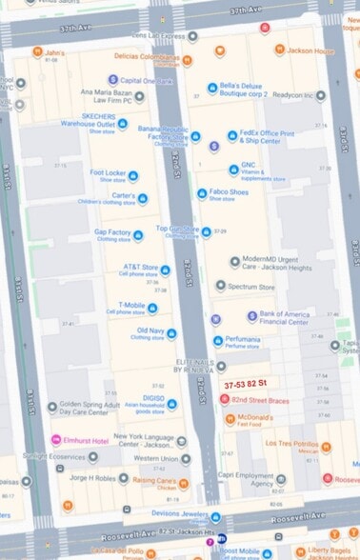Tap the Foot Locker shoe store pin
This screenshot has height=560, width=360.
(133, 175)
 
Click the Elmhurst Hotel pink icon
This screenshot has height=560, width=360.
(55, 441)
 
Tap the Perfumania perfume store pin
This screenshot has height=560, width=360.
(218, 341)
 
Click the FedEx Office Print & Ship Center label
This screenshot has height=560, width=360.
(270, 138)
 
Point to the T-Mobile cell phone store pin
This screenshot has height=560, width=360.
(152, 307)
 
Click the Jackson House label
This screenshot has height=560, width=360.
(310, 50)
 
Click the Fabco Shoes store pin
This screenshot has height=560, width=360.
(202, 193)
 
